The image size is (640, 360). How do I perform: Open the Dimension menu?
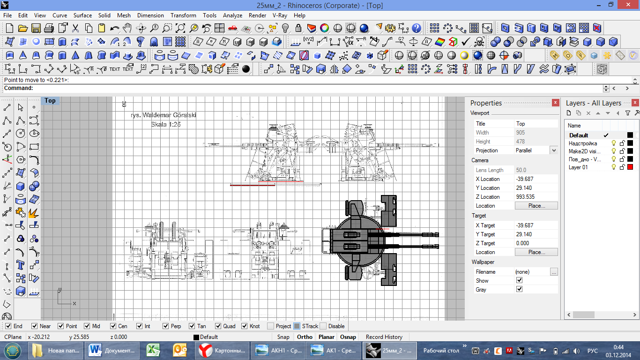(x=150, y=15)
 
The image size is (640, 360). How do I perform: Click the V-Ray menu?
(x=280, y=15)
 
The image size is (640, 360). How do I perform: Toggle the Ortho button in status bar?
(x=305, y=337)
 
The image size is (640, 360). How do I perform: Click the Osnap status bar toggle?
(x=348, y=337)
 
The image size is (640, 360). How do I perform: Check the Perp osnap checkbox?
(x=165, y=326)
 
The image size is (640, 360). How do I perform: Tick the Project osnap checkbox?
(x=270, y=326)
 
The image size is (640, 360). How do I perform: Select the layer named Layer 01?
(x=578, y=167)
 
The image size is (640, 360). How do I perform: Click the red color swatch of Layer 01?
(x=630, y=167)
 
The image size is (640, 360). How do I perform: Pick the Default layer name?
(x=579, y=135)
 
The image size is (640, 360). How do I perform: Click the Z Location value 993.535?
(x=525, y=197)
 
